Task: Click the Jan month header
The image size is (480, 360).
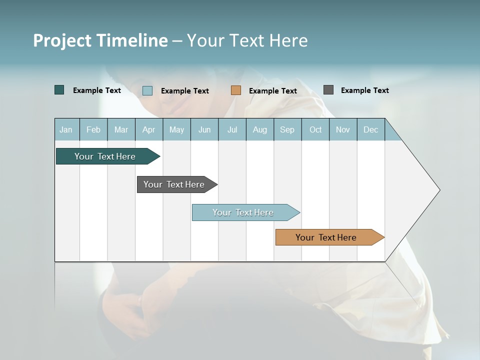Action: click(66, 129)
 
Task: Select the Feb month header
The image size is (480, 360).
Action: click(93, 129)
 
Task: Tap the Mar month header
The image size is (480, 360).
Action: click(121, 129)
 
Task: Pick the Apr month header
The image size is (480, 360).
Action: click(149, 129)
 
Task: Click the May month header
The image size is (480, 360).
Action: click(176, 129)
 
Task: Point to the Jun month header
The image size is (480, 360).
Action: click(204, 129)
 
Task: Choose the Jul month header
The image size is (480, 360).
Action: click(232, 129)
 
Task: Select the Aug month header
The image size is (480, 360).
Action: click(260, 129)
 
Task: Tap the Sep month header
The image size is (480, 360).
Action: click(287, 129)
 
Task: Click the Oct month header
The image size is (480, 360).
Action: click(315, 129)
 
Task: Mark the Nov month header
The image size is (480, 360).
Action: click(343, 129)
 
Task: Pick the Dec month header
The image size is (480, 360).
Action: click(371, 129)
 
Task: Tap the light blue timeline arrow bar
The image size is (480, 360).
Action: click(243, 212)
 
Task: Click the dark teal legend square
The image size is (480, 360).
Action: click(59, 90)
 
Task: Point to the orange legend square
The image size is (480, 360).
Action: click(236, 90)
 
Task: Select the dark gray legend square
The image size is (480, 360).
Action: click(328, 90)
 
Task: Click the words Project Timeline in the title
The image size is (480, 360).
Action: click(100, 40)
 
